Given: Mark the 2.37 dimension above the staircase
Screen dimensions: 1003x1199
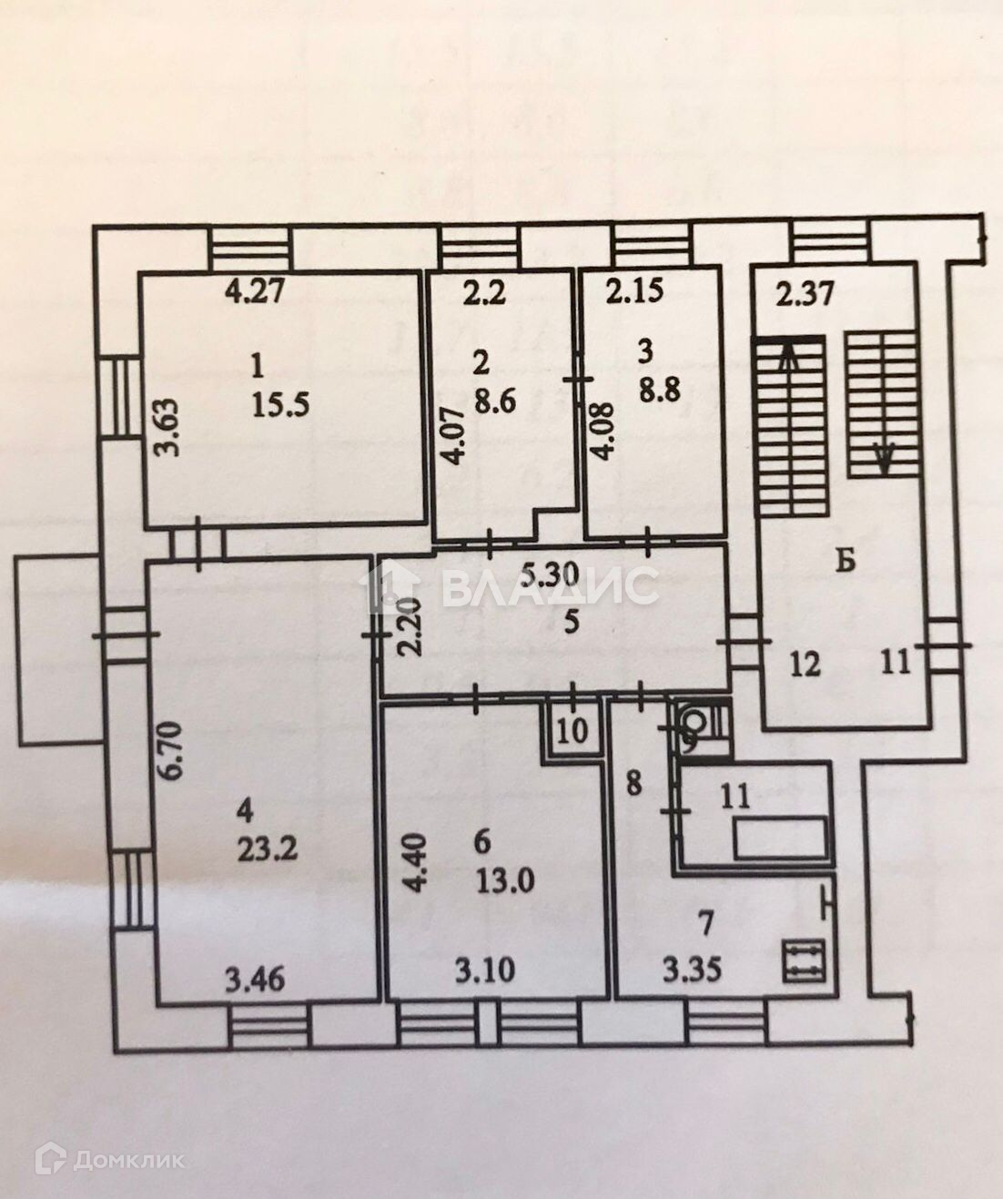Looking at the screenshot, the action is point(805,295).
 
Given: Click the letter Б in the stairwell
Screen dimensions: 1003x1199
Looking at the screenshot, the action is point(846,562).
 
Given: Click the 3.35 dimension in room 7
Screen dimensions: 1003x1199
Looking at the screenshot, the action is point(692,970).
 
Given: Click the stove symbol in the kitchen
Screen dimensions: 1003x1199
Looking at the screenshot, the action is point(805,960).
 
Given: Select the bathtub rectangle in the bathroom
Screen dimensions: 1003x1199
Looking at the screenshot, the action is point(782,837).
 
